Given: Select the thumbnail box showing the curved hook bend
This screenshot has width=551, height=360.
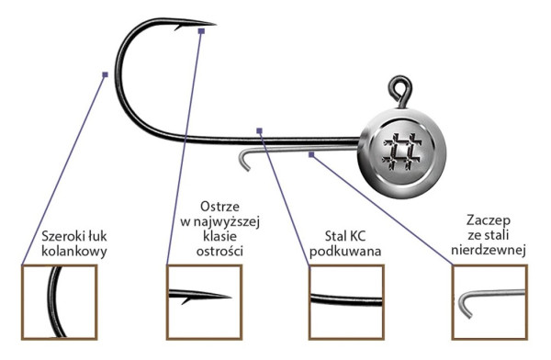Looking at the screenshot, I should tap(57, 300).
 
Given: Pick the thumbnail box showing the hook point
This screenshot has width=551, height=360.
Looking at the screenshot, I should tap(202, 300).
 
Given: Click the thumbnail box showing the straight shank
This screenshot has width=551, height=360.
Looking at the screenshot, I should tap(346, 300).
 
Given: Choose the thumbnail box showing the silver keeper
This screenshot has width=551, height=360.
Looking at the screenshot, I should tap(491, 300).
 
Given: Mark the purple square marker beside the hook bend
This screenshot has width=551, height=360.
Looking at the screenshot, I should tap(107, 74).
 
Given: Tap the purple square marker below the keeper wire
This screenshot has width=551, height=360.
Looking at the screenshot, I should tap(312, 154).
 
